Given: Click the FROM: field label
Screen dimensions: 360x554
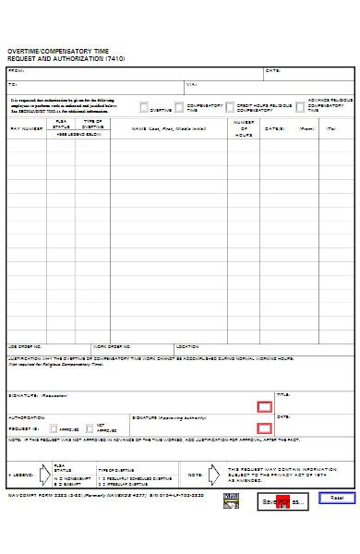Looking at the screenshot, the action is coord(17,70).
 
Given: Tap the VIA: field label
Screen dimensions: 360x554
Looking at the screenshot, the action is coord(191,84).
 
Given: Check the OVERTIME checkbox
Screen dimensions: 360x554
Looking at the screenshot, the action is coord(143,107).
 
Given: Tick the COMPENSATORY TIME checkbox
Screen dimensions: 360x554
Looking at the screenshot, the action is coord(180,107).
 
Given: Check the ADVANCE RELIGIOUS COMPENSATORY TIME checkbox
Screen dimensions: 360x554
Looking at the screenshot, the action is coord(301,107).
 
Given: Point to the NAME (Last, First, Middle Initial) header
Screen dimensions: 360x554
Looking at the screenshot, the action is coord(169,128).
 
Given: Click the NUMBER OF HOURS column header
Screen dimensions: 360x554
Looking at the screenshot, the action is coord(244,128).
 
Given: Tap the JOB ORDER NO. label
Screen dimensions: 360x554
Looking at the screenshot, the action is coord(25,347).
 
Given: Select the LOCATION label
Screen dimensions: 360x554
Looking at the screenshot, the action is coord(187,347).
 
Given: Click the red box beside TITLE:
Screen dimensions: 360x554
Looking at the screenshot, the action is coord(264,406).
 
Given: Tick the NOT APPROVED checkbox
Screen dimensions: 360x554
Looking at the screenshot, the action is coord(90,428).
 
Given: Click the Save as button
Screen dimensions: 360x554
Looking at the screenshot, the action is coord(282,501).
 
